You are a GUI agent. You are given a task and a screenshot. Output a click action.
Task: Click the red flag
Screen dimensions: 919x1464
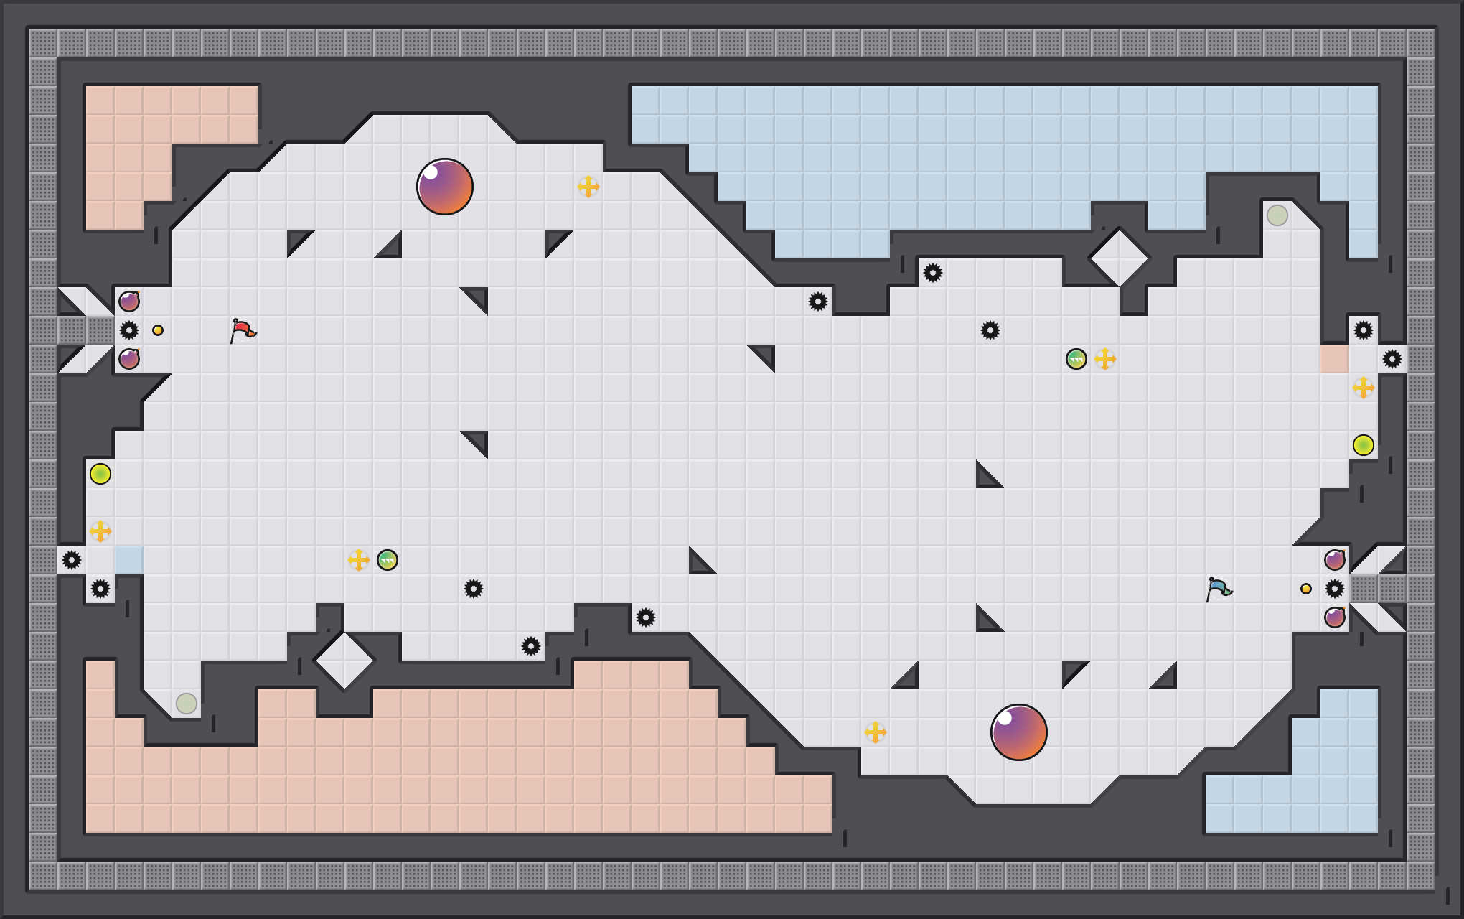pos(243,330)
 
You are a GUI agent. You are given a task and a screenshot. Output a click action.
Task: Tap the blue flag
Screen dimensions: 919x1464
pos(1219,589)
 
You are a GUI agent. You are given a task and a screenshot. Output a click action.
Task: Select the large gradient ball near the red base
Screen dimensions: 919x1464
pos(445,187)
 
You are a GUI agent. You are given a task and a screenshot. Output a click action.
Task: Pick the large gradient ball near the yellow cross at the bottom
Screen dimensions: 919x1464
pos(1019,732)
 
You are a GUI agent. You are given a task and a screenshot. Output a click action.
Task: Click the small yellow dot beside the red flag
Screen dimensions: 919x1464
pos(158,330)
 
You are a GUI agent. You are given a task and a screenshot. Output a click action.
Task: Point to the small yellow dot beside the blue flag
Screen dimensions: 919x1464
pos(1306,589)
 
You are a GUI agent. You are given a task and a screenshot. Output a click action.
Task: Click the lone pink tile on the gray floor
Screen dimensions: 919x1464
pos(1335,359)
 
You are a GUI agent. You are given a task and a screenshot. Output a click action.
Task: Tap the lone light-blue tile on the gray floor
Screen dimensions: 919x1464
pos(129,560)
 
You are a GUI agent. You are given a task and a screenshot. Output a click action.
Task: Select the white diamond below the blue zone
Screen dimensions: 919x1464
pos(1120,258)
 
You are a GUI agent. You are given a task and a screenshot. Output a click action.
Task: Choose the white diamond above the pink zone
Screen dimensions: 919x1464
pos(344,661)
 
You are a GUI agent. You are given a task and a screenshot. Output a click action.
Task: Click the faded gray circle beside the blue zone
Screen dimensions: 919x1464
pos(1277,215)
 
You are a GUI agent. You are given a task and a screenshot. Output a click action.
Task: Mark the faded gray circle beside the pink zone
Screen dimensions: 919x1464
pos(187,704)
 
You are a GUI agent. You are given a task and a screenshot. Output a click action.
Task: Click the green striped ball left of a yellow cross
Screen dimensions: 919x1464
pos(1076,359)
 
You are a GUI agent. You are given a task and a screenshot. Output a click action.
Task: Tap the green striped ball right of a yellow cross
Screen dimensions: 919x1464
pos(388,560)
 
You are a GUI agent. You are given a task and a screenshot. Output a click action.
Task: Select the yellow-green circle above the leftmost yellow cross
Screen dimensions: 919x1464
pos(100,474)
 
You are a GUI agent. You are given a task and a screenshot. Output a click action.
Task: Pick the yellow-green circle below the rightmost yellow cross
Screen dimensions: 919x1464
pos(1364,445)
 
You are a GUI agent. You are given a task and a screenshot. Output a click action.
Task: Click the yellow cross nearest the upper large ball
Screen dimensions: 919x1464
pos(588,187)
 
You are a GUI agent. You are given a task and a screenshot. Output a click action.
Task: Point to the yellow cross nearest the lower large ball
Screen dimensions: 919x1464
pos(876,732)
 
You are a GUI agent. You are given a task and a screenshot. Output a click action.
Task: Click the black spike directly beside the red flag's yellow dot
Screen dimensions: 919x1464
pos(129,330)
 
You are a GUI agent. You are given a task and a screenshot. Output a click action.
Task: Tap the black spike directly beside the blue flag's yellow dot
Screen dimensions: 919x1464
pos(1335,589)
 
